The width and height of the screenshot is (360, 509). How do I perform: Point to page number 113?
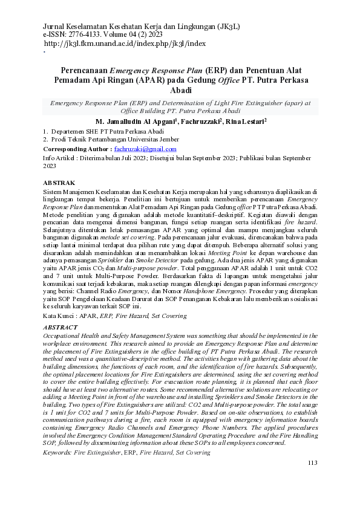click(312, 480)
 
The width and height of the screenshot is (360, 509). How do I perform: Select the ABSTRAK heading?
click(60, 182)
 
